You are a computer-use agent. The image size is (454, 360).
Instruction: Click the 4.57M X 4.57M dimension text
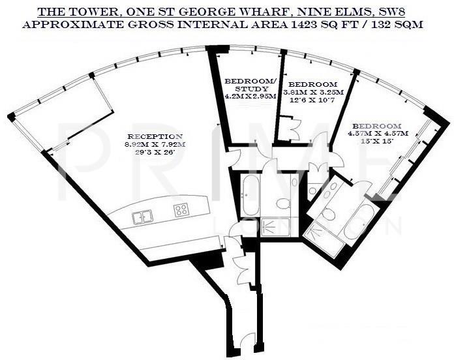click(x=378, y=134)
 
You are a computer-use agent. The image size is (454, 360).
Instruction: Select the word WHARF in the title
click(x=256, y=11)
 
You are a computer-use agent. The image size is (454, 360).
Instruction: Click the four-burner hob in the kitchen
click(x=182, y=210)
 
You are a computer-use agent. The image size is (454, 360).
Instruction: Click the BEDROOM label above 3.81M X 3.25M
click(x=313, y=85)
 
